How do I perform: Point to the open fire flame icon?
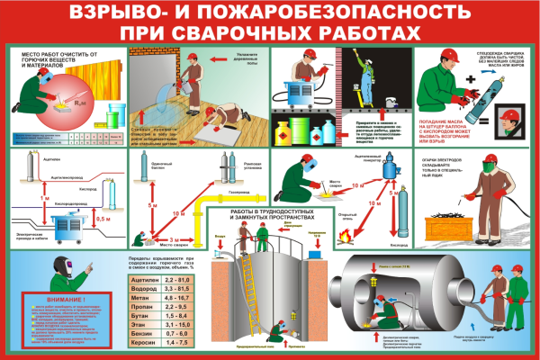coord(345,237)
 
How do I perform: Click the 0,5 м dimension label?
coord(103,219)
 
